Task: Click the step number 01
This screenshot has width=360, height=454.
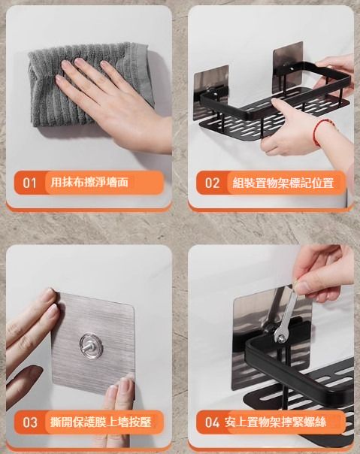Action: point(29,183)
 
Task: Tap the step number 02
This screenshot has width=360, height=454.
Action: point(212,183)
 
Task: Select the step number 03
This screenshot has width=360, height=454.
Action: point(30,422)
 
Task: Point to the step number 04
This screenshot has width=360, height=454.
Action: point(212,422)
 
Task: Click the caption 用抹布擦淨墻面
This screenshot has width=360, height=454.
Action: point(89,183)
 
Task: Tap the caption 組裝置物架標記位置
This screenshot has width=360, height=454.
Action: point(283,183)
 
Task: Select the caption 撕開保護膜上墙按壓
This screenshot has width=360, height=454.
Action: point(101,422)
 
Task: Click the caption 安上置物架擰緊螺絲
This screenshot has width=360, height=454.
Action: point(275,422)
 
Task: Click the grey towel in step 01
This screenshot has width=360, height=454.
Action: point(84,84)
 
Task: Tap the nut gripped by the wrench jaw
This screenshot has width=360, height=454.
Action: point(280,337)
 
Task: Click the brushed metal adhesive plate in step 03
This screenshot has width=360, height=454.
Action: point(93,343)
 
